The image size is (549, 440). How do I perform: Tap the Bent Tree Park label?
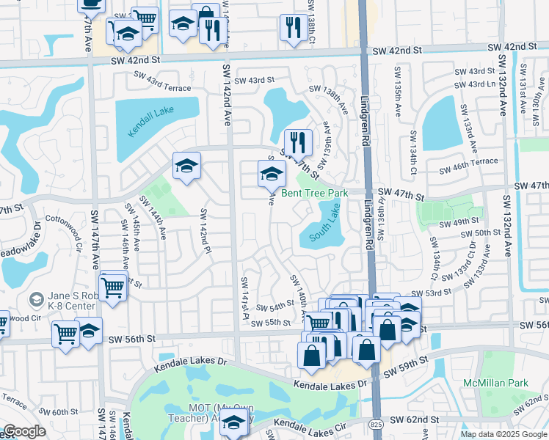315,194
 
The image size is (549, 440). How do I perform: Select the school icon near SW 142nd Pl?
186,166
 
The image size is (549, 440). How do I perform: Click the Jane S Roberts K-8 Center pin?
34,299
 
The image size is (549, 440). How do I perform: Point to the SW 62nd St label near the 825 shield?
415,419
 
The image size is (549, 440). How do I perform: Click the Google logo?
24,431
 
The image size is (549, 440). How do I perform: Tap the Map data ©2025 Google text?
502,433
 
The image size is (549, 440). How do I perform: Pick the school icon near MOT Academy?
233,424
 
